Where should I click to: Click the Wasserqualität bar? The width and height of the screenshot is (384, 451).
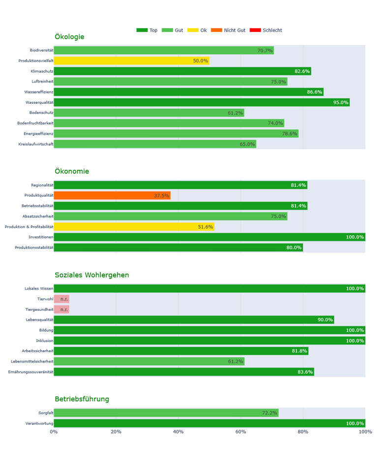(x=202, y=102)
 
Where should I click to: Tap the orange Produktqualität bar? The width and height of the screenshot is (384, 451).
(x=112, y=195)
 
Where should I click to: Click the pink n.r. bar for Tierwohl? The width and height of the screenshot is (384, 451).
(x=61, y=299)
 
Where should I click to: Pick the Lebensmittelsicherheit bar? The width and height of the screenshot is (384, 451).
(x=149, y=361)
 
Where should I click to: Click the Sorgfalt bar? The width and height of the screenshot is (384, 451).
(x=166, y=413)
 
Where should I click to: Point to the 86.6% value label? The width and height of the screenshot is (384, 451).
(x=315, y=92)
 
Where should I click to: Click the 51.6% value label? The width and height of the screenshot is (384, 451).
(x=205, y=227)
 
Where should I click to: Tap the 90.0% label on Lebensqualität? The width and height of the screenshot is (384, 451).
(x=325, y=320)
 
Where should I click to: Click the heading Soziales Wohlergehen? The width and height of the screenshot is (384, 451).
(x=91, y=275)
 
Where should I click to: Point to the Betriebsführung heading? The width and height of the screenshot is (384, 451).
(x=82, y=399)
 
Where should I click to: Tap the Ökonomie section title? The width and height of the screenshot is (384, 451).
(x=72, y=171)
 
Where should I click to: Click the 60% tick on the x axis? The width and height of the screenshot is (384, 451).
(x=240, y=432)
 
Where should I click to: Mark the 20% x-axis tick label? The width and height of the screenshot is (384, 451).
(x=116, y=432)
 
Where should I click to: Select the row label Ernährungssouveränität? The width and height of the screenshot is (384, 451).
(x=31, y=372)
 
